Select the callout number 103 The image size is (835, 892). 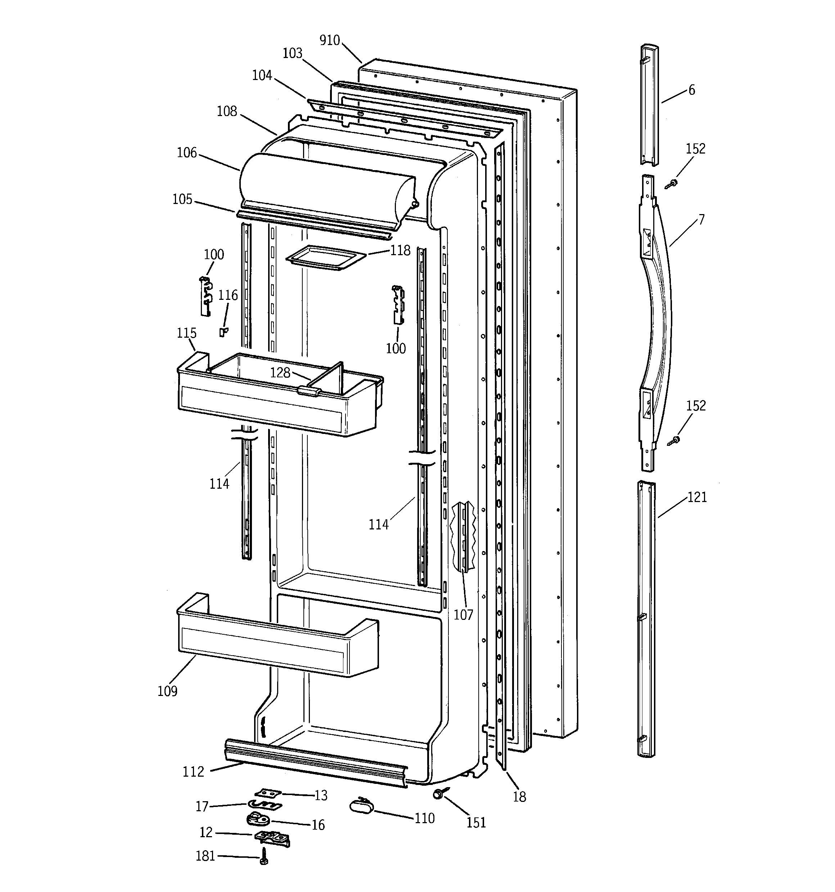(292, 53)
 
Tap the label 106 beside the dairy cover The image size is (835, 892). (186, 153)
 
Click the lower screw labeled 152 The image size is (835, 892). (674, 440)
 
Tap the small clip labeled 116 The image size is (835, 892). (223, 332)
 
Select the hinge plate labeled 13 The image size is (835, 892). (267, 793)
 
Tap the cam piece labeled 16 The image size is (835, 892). (257, 819)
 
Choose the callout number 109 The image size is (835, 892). (167, 691)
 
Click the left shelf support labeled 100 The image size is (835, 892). (206, 296)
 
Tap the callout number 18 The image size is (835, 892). (519, 797)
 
